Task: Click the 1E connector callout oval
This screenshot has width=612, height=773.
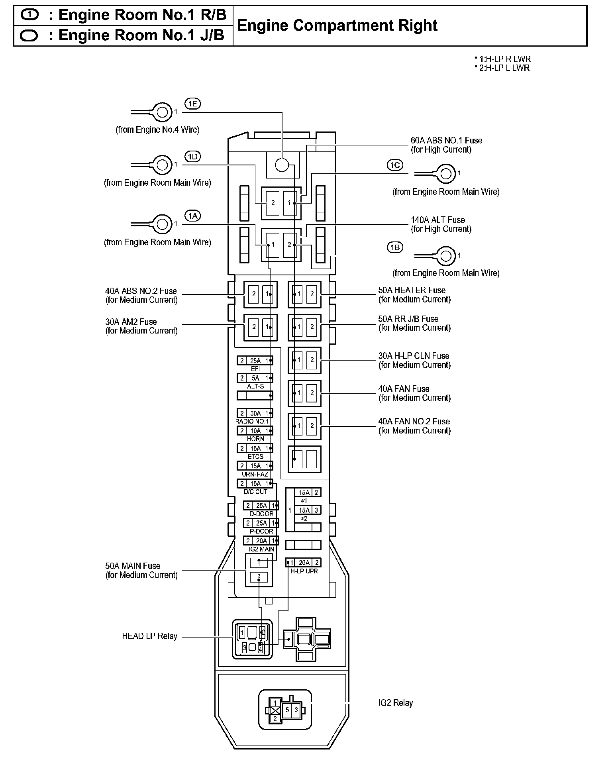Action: tap(192, 104)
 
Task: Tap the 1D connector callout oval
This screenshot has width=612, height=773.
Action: tap(192, 156)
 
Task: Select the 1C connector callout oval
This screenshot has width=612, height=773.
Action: tap(395, 165)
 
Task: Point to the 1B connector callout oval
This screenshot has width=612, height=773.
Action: tap(395, 247)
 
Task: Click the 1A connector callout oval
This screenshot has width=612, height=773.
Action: tap(192, 216)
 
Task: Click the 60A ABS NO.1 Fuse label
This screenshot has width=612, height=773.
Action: tap(446, 145)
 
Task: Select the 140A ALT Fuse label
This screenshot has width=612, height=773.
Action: tap(441, 224)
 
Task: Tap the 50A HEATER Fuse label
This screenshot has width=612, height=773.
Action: tap(414, 295)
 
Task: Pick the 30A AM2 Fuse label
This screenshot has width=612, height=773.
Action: tap(141, 326)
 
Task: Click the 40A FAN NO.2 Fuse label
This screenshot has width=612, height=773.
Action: tap(414, 426)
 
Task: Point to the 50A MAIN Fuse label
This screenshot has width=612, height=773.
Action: tap(141, 570)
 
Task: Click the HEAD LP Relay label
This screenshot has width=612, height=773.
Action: tap(149, 636)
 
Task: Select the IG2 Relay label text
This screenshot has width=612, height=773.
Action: tap(396, 702)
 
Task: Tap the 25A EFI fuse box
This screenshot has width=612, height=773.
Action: tap(255, 361)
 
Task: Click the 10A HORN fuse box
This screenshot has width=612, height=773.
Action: tap(255, 431)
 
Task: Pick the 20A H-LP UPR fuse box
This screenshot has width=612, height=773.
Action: tap(304, 563)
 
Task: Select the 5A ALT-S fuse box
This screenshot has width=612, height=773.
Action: tap(255, 378)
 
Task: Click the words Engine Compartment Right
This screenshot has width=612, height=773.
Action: tap(337, 26)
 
